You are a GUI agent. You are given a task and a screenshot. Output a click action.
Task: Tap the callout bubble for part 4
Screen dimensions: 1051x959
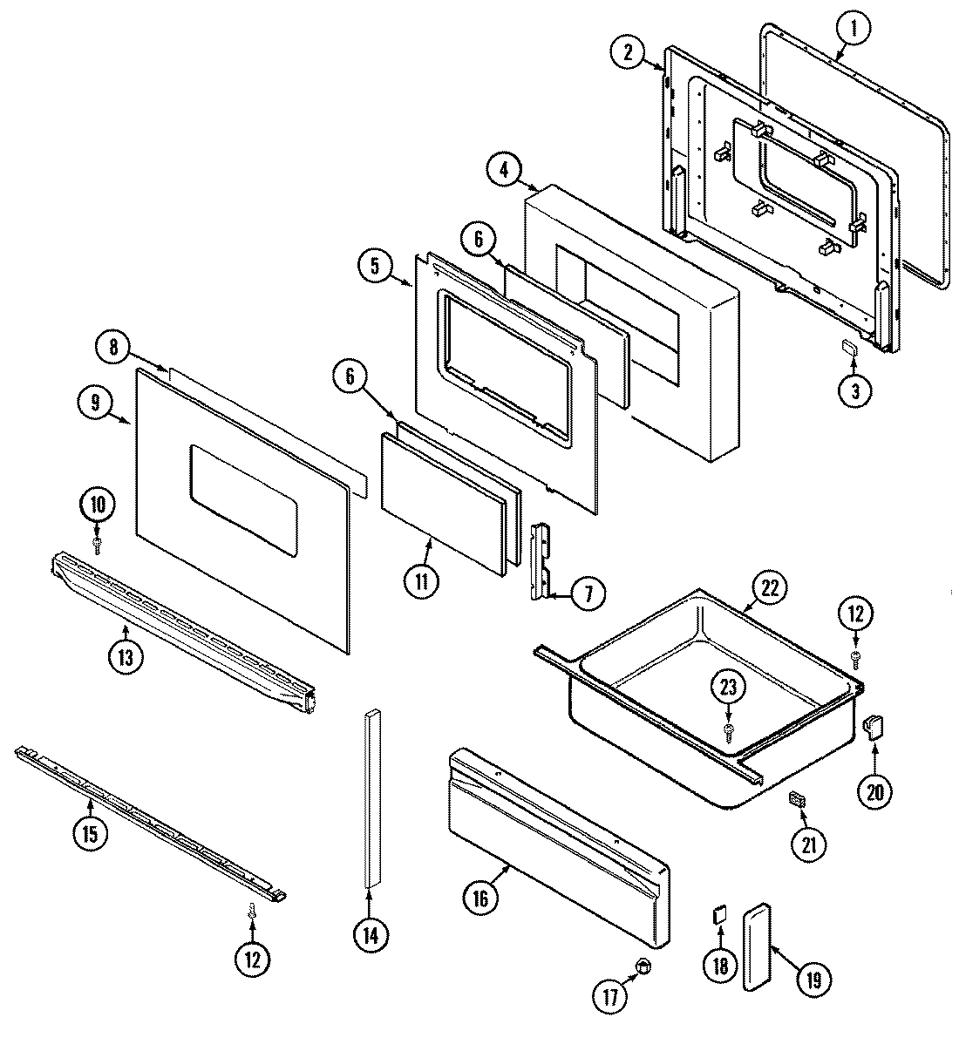click(x=504, y=169)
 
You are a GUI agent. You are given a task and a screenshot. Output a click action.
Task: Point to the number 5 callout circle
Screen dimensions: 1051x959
click(x=375, y=267)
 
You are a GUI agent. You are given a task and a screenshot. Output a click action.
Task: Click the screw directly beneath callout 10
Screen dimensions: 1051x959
click(x=97, y=545)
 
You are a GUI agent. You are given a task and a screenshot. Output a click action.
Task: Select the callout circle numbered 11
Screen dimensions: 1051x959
click(x=421, y=581)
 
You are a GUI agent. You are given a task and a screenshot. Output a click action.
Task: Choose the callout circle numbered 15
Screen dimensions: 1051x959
click(x=90, y=831)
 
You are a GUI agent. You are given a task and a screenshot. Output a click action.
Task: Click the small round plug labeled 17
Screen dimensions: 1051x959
click(x=643, y=965)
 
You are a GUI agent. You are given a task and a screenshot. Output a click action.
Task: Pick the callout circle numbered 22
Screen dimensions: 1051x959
click(x=769, y=587)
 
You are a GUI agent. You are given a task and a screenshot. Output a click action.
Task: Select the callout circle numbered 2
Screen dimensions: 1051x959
click(x=628, y=52)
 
